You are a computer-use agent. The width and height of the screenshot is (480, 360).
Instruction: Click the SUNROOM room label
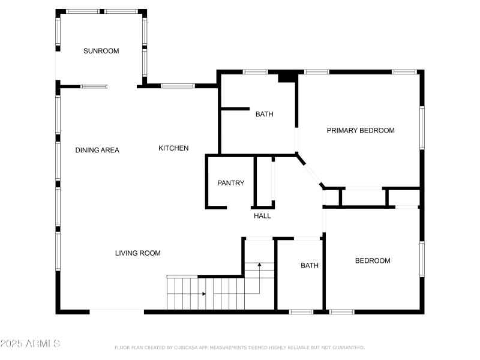coord(101,51)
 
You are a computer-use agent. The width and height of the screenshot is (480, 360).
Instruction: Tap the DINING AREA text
coord(97,150)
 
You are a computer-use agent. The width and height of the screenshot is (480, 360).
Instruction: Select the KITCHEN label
coord(173,148)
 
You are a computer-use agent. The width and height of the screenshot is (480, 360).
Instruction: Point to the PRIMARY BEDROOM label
coord(361,130)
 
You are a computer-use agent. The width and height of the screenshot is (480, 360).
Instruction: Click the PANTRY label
coord(230,183)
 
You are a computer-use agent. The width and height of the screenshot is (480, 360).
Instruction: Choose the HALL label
coord(262,216)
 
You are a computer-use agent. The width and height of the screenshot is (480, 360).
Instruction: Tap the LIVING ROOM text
coord(138,253)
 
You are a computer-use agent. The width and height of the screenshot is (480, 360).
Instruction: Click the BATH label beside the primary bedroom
coord(264,114)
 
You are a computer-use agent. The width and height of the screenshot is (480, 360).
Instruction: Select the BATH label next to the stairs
coord(310,265)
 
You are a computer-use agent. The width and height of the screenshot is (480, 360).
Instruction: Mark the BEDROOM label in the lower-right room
coord(373,260)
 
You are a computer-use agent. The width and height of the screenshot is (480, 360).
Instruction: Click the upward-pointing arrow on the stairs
coord(259,264)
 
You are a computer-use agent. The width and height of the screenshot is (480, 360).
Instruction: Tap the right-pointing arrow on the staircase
coord(204,294)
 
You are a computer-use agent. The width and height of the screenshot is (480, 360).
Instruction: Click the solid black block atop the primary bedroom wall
coord(287,77)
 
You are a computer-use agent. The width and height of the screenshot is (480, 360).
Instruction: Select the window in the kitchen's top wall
coord(178,86)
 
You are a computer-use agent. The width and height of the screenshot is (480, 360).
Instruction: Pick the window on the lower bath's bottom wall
coord(301,311)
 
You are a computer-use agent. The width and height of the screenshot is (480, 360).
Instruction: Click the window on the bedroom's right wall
coord(422,259)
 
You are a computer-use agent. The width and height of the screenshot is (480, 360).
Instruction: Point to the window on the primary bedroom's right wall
coord(422,127)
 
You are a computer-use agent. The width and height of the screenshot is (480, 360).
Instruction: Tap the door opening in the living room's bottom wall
coord(116,311)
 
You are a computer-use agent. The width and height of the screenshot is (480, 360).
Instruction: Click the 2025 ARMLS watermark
coord(30,344)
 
